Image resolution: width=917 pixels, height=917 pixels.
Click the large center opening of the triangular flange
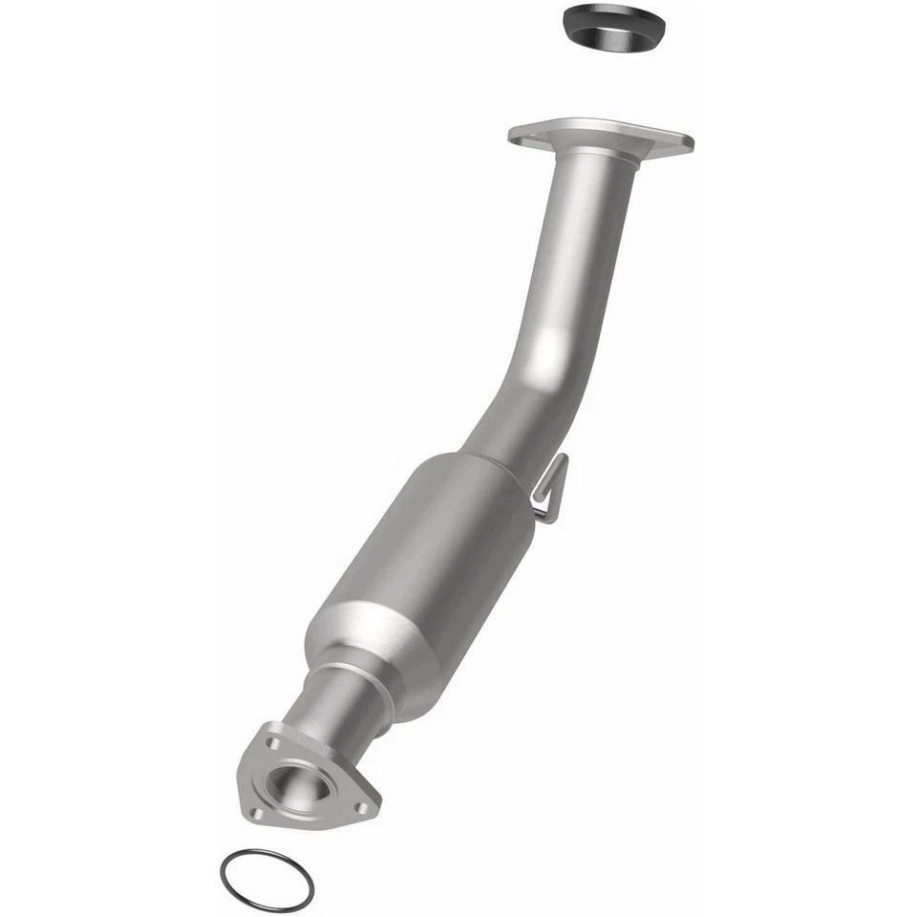pos(297,785)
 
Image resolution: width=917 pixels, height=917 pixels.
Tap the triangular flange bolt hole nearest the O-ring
pos(256,813)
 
